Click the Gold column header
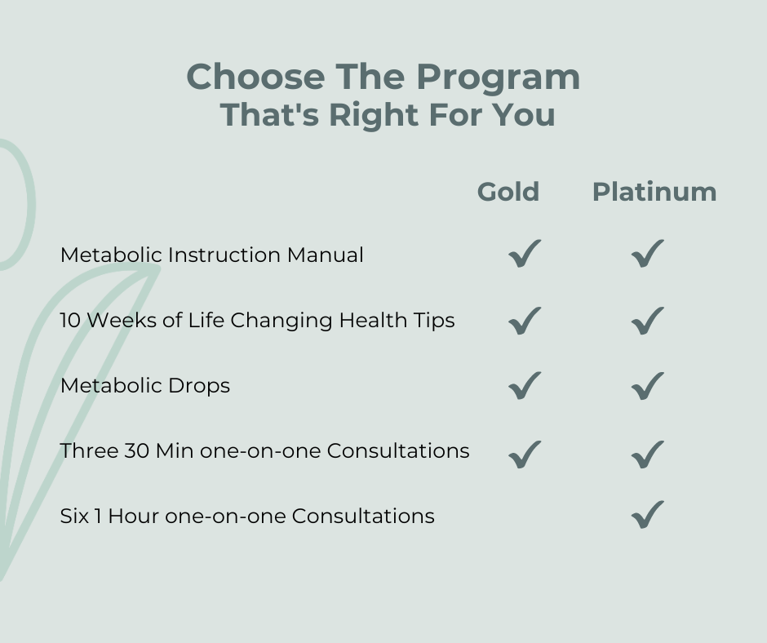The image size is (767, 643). pos(508,191)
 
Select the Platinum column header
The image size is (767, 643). pos(654,191)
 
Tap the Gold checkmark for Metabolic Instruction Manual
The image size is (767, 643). pos(525,254)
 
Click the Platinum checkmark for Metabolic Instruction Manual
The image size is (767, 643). pos(647,254)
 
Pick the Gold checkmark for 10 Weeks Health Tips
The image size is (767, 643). pos(525,321)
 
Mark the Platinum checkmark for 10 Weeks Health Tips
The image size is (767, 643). pos(647,321)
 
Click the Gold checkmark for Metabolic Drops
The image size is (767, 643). pos(525,386)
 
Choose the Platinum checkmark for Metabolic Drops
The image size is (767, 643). pos(647,387)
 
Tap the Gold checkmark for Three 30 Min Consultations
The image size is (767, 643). pos(525,455)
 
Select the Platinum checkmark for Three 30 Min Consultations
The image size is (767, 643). pos(647,455)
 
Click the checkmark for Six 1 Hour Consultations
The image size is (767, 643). pos(647,515)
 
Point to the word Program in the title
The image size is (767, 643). pos(498,78)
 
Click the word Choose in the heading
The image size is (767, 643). pos(255,77)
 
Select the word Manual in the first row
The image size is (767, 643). pos(326,255)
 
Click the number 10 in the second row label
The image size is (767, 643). pos(70,321)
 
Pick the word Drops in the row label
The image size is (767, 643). pos(199,386)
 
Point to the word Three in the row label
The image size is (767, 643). pos(89,451)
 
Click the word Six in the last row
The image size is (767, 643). pos(74,517)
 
